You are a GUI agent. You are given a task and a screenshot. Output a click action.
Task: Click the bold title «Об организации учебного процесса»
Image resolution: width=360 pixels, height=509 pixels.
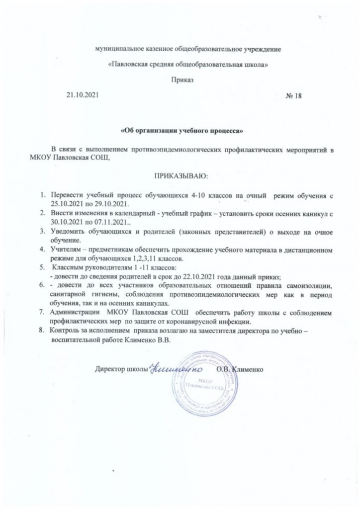point(182,131)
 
